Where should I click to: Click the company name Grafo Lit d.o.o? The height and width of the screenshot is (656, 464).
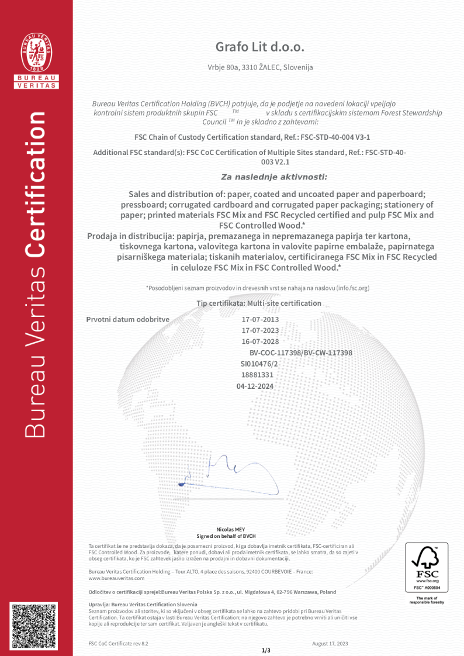[260, 47]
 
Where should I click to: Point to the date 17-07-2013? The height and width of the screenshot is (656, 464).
[260, 320]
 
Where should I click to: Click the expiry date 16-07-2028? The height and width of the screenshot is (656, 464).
[260, 342]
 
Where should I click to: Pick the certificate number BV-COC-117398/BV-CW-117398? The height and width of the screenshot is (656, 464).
[300, 353]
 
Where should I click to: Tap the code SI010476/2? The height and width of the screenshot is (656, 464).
[260, 364]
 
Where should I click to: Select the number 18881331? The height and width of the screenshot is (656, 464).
[257, 375]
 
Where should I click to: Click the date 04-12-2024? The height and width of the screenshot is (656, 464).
[255, 386]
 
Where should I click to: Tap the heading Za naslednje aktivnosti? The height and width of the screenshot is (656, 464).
[274, 177]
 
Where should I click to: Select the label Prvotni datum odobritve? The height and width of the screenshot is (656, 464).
[127, 320]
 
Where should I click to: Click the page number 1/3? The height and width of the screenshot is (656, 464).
[266, 650]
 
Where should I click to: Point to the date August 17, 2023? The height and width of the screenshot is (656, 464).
[330, 643]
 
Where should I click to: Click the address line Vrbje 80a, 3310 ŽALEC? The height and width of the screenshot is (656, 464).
[260, 67]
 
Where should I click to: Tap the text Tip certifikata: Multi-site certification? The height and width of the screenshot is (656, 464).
[259, 303]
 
